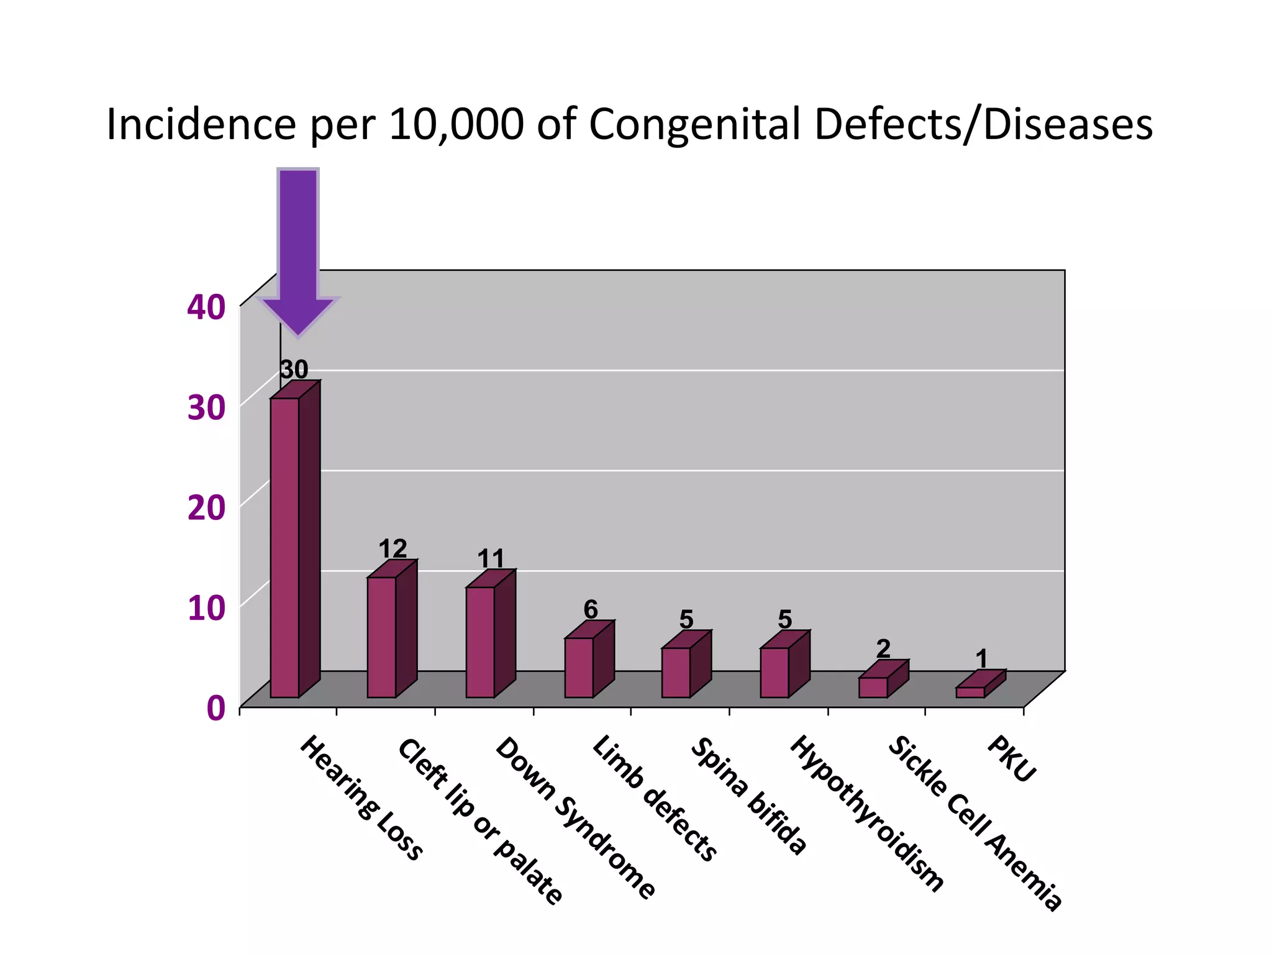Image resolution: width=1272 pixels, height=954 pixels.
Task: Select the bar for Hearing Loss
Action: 285,547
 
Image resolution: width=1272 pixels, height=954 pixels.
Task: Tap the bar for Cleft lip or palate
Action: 382,637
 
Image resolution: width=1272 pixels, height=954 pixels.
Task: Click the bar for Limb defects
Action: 579,667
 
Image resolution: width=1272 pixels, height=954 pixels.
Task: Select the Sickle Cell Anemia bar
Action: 873,687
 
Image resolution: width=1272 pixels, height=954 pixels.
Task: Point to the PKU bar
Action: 970,692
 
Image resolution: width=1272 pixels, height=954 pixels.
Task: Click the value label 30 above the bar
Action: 294,370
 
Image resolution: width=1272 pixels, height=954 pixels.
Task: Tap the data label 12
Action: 393,548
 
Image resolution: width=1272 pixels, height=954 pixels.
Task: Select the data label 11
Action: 491,558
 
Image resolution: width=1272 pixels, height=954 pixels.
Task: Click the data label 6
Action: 591,609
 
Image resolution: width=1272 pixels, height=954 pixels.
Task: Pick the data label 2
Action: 883,649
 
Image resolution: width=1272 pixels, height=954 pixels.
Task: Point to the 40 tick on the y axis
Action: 206,307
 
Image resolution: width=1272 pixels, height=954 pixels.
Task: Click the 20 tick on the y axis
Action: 206,508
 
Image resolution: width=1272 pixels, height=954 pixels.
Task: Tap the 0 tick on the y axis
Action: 215,709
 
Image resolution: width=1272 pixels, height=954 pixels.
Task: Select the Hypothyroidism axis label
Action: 866,814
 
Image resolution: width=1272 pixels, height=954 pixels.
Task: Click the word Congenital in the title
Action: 694,124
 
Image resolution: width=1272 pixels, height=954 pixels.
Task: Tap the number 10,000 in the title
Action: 457,124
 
